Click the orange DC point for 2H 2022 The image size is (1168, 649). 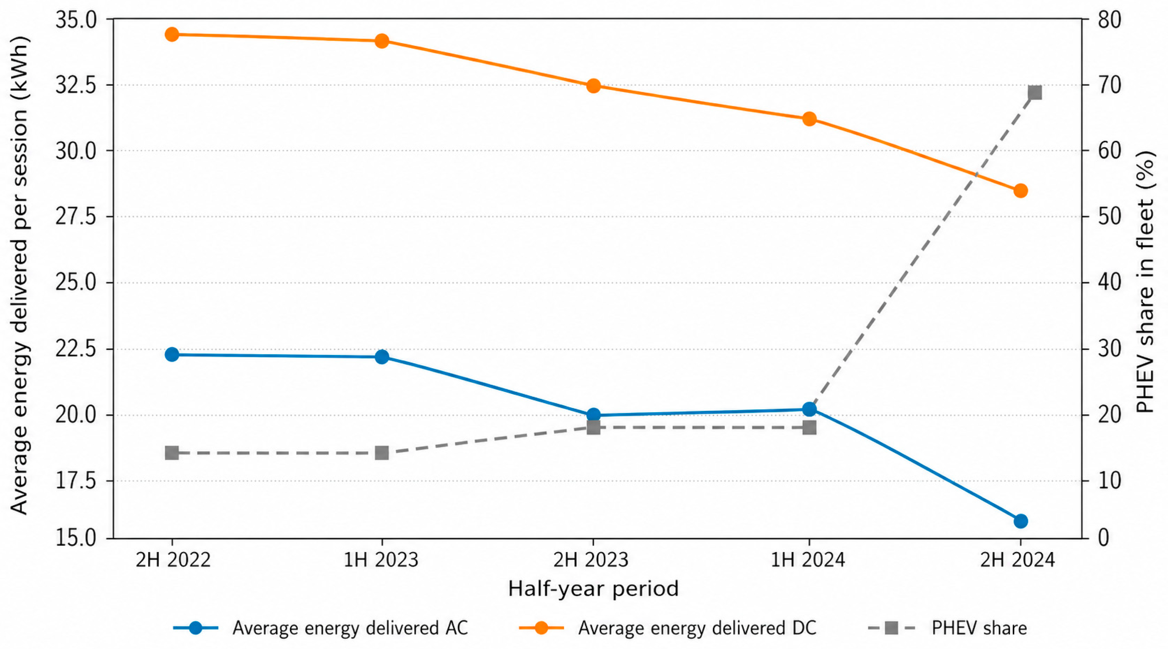point(172,34)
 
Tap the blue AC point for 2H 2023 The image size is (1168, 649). point(593,415)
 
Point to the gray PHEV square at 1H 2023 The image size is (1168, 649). point(382,453)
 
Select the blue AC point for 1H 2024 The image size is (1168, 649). point(809,409)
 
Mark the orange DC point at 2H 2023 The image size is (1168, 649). point(593,86)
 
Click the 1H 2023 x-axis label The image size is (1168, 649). point(381,561)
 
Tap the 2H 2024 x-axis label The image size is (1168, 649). point(1017,561)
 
